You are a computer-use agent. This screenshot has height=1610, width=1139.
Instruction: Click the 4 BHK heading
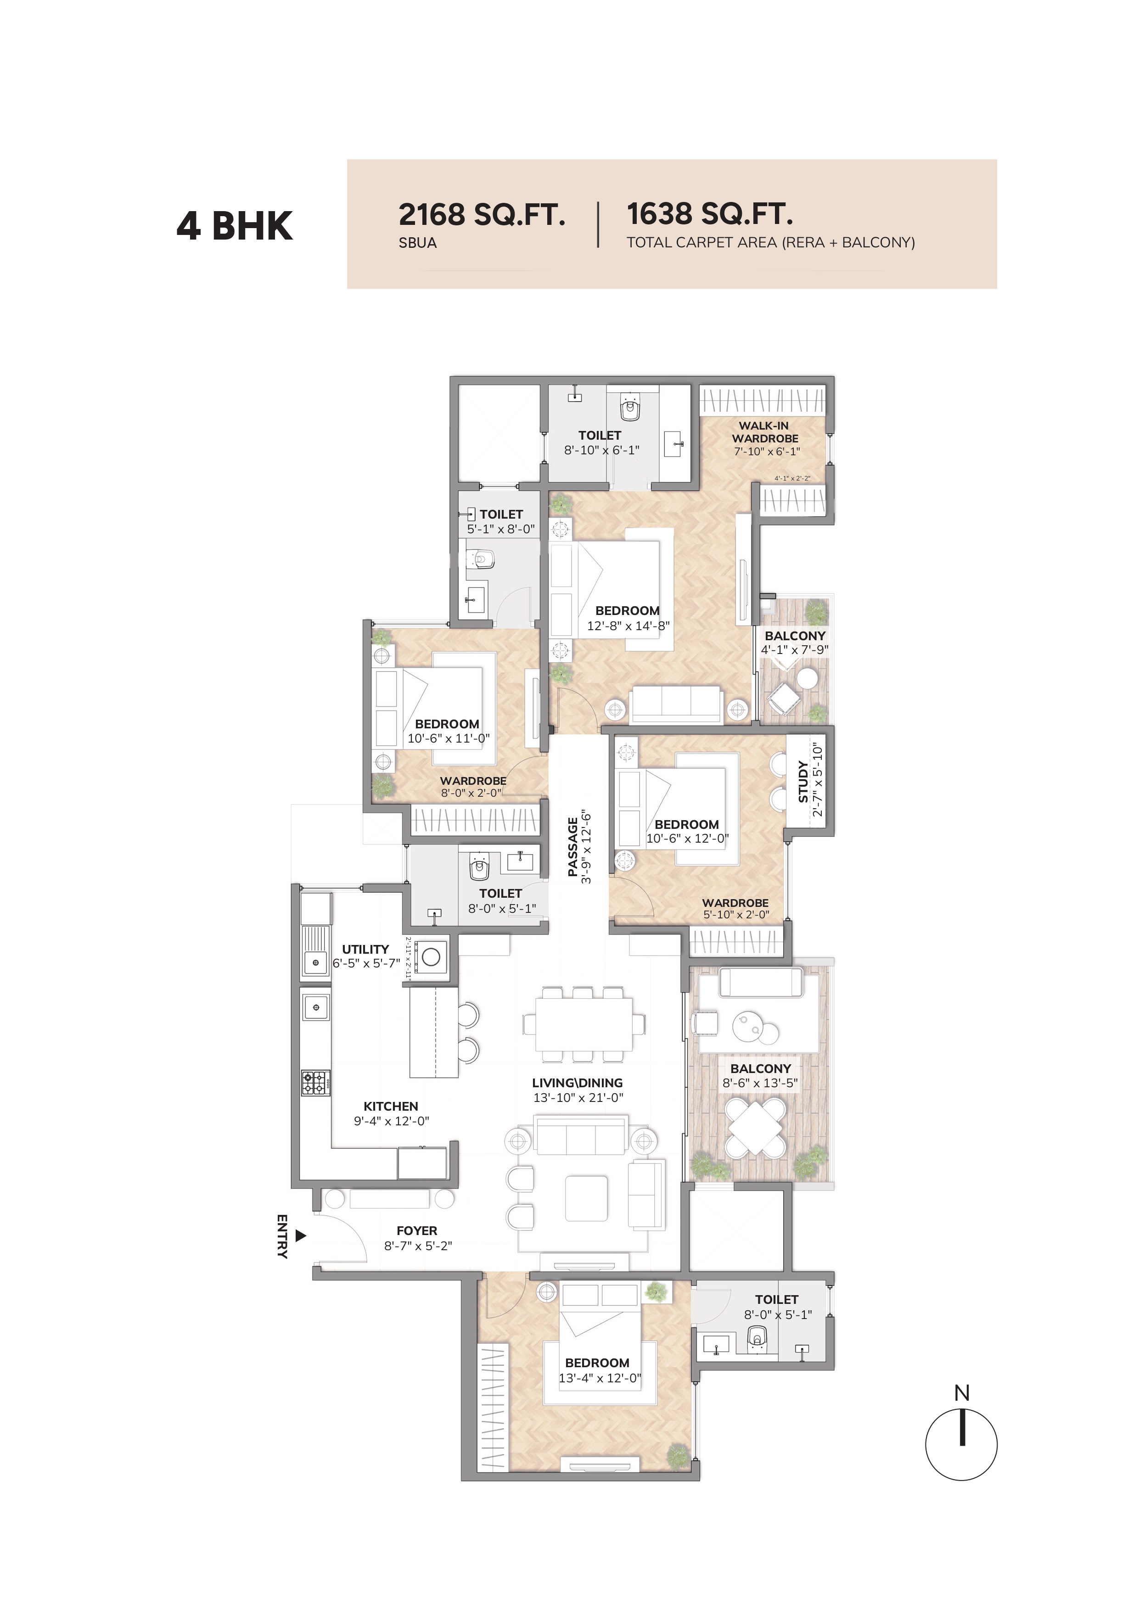tap(234, 226)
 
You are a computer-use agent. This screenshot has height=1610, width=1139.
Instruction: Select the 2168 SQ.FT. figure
tap(482, 215)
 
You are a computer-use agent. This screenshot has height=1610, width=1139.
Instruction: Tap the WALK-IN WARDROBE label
tap(764, 432)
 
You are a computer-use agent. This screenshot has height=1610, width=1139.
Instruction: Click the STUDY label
tap(803, 782)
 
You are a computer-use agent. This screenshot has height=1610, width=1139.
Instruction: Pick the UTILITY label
tap(365, 949)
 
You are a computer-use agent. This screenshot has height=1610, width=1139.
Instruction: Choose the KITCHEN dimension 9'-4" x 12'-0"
tap(391, 1121)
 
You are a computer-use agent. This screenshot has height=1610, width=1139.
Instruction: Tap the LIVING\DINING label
tap(577, 1083)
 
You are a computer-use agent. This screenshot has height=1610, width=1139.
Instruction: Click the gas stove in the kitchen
tap(315, 1083)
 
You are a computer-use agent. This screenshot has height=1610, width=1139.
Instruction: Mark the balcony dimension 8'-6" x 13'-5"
tap(760, 1083)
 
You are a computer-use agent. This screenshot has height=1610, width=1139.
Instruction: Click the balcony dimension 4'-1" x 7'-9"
tap(795, 649)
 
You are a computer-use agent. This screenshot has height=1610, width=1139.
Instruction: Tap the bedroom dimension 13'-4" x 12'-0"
tap(600, 1378)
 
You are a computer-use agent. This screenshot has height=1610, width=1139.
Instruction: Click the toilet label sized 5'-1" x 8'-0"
tap(501, 522)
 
